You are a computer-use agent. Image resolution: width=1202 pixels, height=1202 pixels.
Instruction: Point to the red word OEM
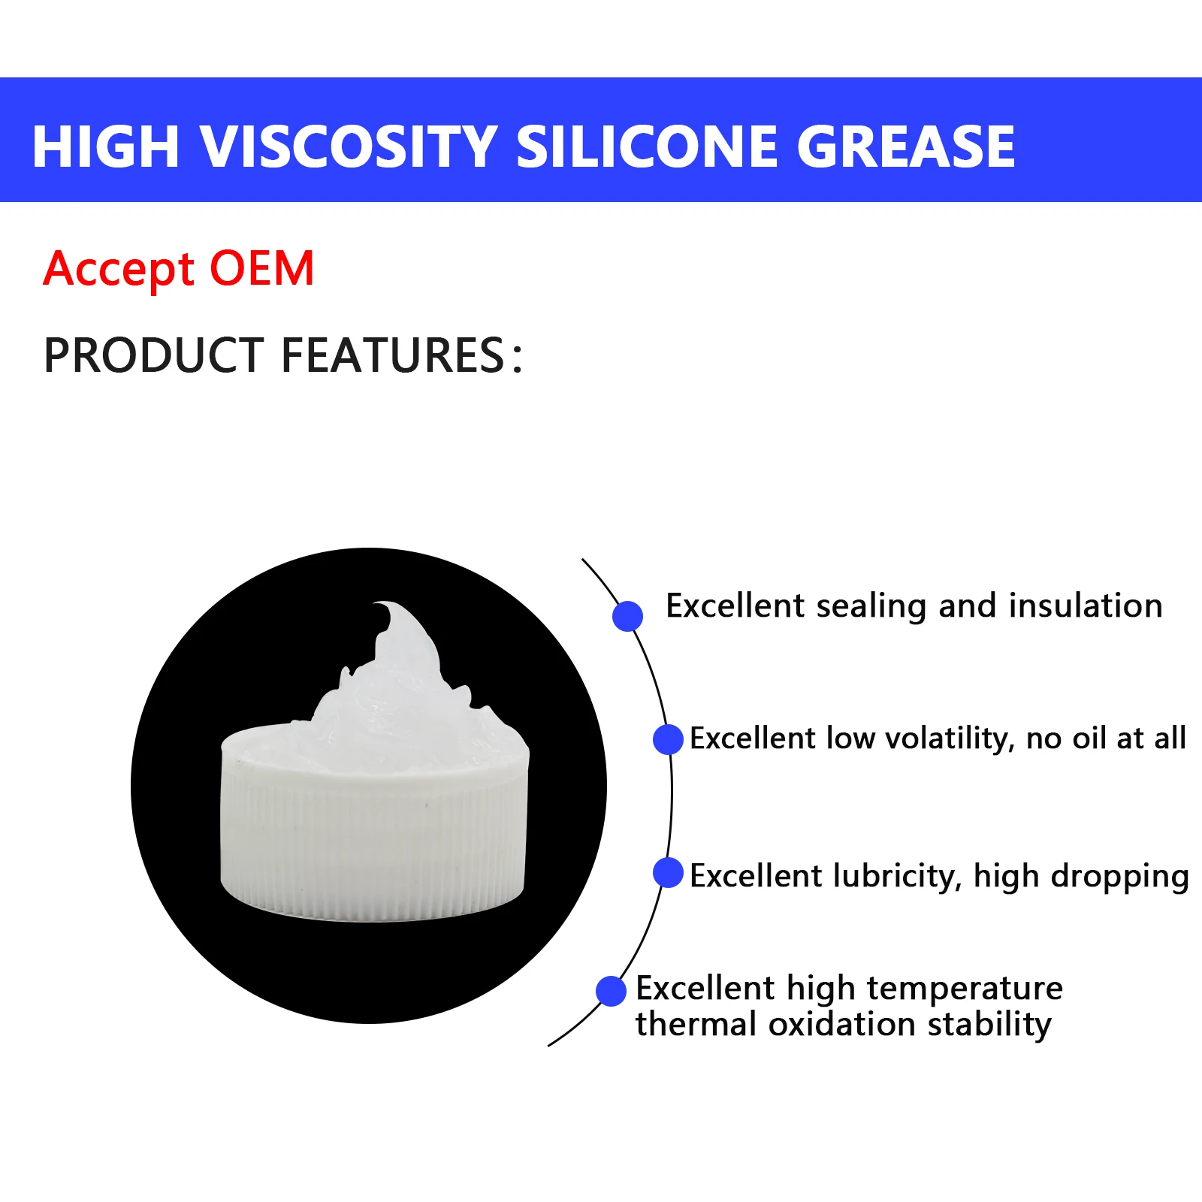(261, 268)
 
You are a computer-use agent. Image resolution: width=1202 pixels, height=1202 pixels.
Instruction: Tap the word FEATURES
(392, 355)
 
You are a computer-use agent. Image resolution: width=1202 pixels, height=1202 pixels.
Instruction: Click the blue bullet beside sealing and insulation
(627, 616)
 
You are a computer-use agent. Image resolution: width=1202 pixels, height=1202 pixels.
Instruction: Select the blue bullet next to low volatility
(668, 739)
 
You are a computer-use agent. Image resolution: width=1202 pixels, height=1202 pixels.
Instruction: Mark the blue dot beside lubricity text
(668, 872)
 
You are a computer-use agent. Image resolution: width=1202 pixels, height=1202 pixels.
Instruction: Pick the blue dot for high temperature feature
(611, 991)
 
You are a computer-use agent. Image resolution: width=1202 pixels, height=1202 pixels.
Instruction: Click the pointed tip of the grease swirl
(379, 605)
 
